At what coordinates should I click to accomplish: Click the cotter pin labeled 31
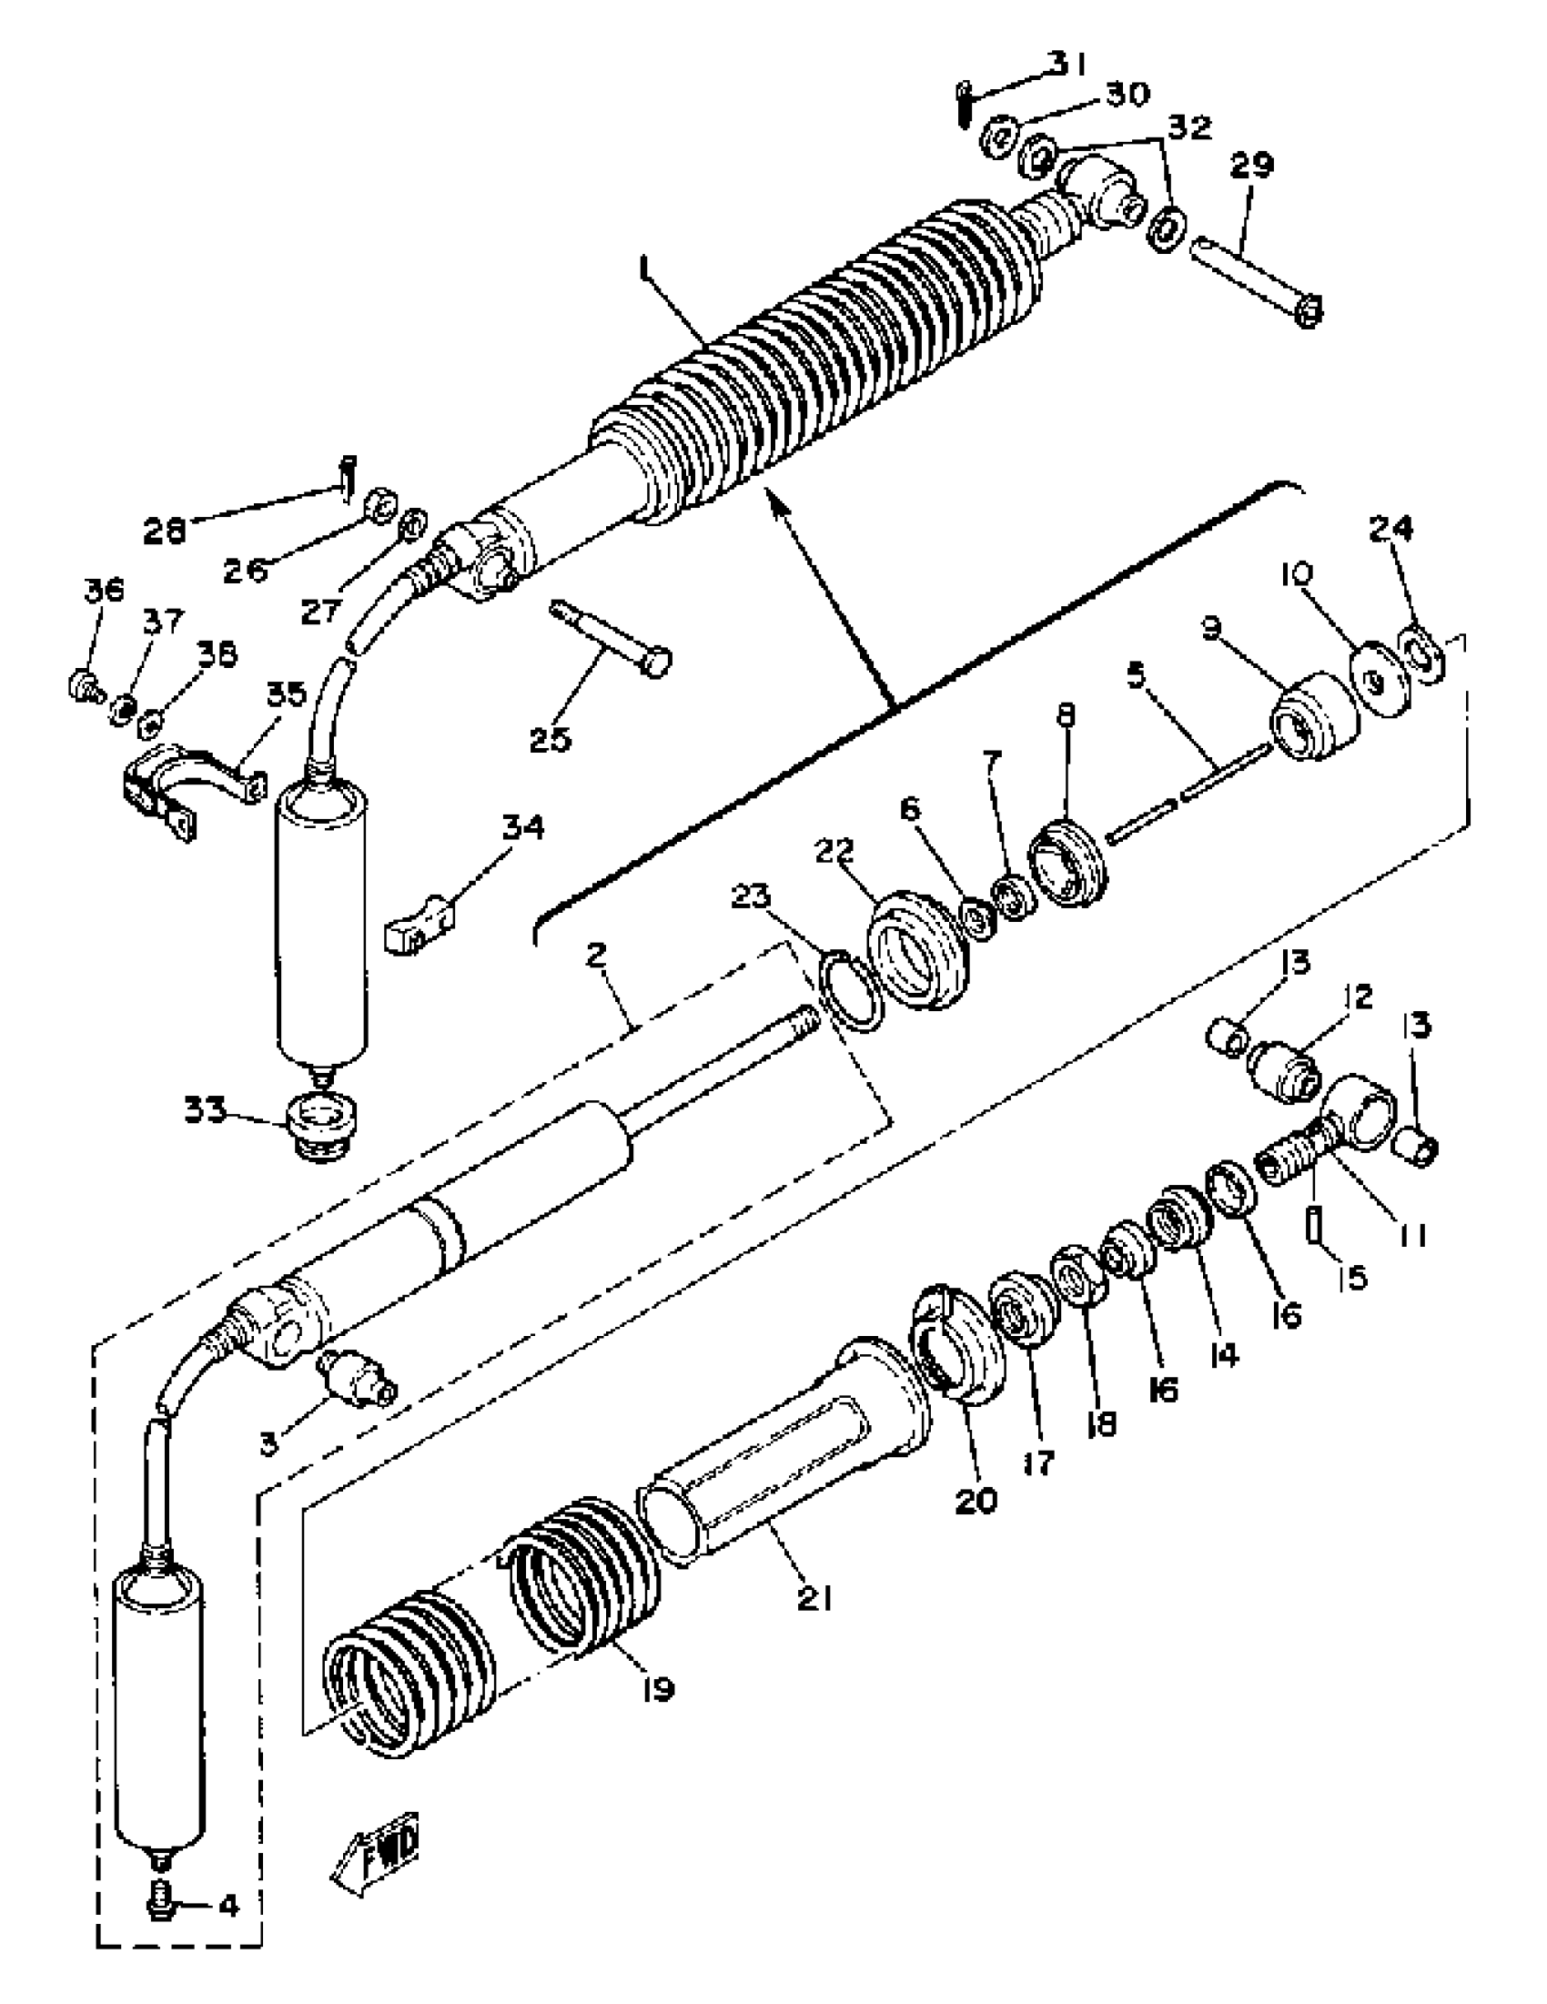964,104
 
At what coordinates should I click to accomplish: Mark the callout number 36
103,590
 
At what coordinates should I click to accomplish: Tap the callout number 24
1391,528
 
